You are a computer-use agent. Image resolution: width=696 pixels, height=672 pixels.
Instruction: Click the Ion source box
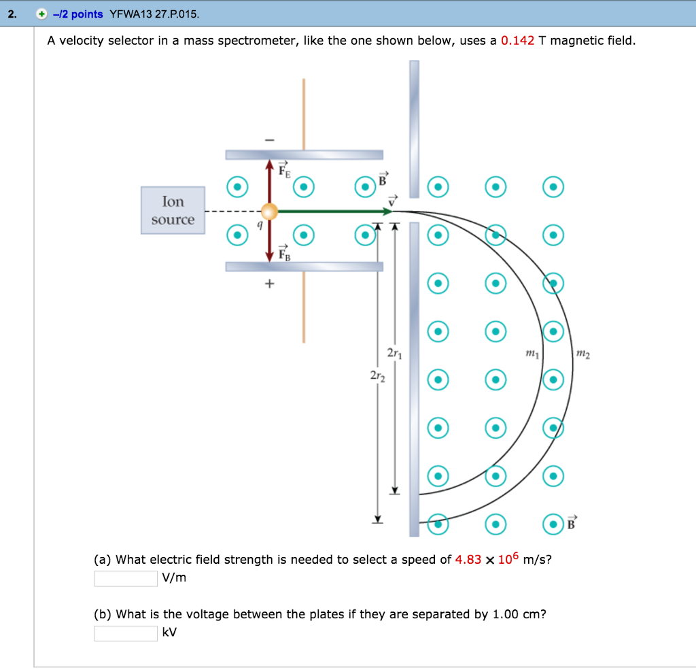[x=173, y=210]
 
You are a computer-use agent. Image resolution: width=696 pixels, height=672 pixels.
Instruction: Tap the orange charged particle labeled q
[x=270, y=212]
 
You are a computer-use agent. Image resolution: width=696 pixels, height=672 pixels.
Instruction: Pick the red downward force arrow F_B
[x=270, y=241]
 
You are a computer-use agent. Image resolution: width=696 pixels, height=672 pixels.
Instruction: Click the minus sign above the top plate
[x=270, y=139]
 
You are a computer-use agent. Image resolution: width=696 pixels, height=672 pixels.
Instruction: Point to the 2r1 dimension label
[x=394, y=354]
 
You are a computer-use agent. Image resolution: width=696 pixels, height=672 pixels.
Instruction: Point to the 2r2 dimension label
[x=378, y=376]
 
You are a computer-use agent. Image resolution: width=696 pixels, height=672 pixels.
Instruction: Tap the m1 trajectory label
[x=532, y=354]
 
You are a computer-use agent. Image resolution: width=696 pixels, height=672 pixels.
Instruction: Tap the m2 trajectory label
[x=583, y=354]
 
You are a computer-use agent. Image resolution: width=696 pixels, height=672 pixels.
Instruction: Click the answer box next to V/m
[x=126, y=578]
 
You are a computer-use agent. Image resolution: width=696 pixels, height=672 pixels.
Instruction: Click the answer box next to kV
[x=126, y=633]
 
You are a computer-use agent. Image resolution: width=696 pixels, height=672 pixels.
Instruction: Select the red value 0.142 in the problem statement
[x=517, y=41]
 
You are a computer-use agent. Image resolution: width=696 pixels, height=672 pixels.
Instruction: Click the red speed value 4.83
[x=468, y=560]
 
